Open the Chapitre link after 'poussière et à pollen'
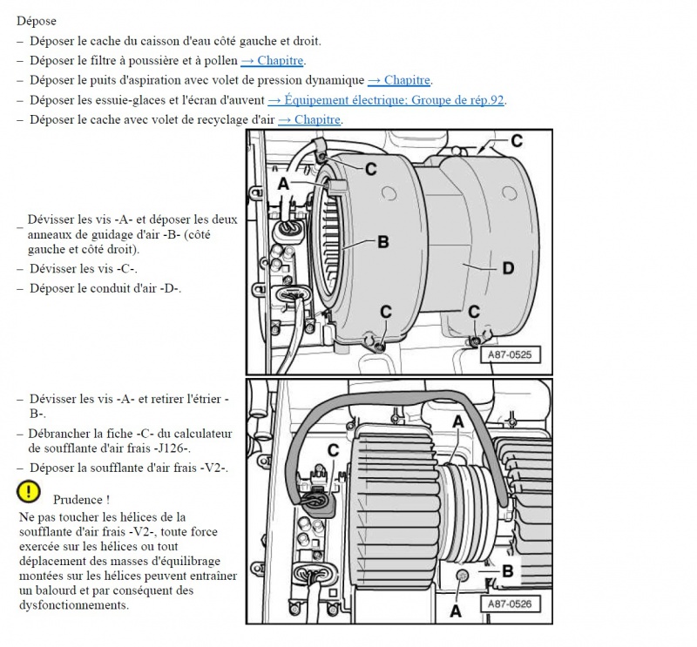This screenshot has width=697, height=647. (273, 60)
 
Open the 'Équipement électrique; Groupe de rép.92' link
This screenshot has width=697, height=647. (386, 100)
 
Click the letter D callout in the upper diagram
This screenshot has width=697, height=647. (507, 269)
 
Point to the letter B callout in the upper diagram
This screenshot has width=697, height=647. (382, 243)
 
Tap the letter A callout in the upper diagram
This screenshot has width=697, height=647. (283, 185)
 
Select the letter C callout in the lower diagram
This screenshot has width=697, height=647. (332, 450)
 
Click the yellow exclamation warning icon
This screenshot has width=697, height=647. (29, 492)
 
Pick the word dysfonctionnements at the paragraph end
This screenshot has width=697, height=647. (73, 604)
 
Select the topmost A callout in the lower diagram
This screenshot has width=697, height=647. (458, 421)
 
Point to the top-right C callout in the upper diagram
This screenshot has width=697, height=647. (516, 140)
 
